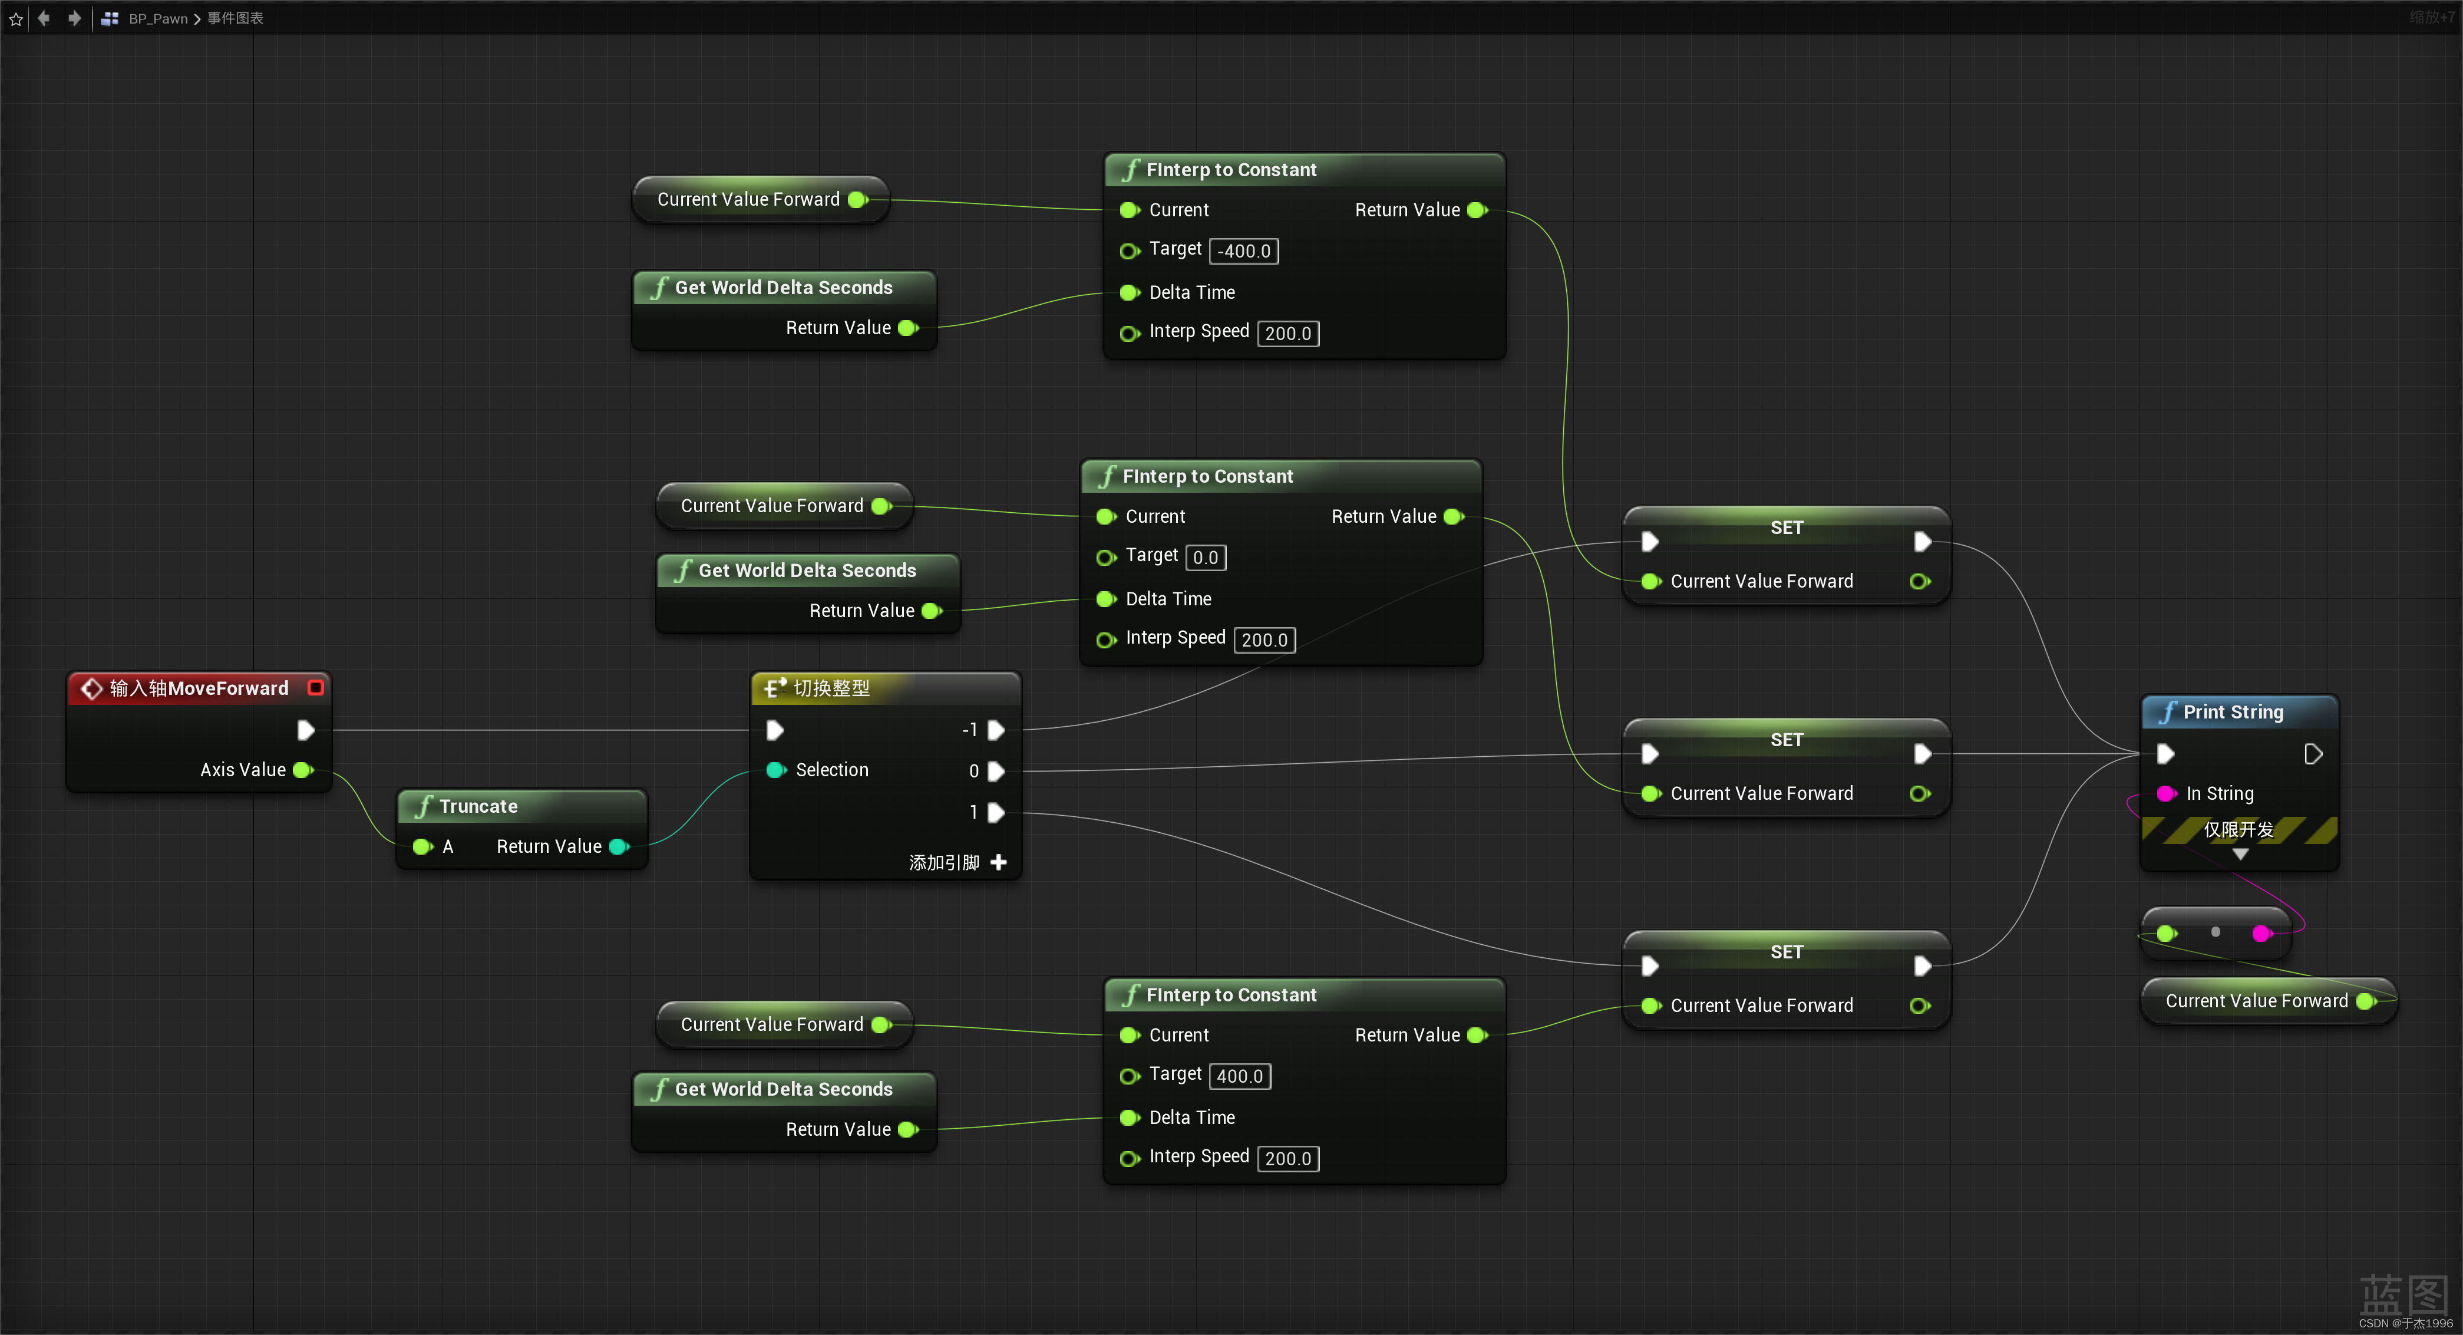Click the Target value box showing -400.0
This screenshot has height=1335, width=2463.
(x=1244, y=250)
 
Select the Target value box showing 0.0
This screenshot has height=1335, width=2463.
(x=1205, y=558)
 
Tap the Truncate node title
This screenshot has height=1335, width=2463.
(x=478, y=806)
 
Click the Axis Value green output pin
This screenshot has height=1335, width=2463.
(x=303, y=770)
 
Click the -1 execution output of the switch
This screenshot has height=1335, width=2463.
(x=995, y=731)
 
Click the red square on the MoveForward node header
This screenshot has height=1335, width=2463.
(x=315, y=688)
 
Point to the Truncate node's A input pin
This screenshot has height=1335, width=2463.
(x=422, y=846)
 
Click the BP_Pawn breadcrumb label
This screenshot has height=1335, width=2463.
(x=158, y=18)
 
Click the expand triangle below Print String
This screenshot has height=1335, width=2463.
(x=2240, y=854)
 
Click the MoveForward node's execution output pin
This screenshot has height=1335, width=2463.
(x=306, y=731)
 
